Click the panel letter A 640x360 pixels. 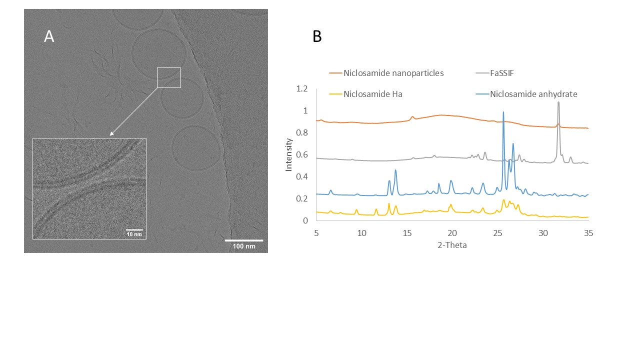tap(49, 36)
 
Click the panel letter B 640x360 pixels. tap(317, 36)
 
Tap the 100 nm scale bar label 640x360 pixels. tap(243, 246)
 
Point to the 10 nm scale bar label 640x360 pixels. tap(134, 234)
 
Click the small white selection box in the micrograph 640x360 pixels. tap(169, 77)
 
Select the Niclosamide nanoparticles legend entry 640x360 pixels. tap(393, 73)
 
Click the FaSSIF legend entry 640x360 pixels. tap(501, 73)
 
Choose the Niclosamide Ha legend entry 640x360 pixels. tap(372, 94)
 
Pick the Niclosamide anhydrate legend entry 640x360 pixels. tap(533, 94)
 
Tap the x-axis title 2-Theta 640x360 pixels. tap(452, 245)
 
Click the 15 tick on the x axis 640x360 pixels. tap(407, 233)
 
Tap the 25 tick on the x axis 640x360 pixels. tap(498, 233)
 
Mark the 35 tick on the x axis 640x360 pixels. tap(588, 233)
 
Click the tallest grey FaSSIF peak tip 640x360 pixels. tap(558, 102)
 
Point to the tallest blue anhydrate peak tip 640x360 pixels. tap(503, 112)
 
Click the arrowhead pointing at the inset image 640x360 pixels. tap(111, 134)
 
